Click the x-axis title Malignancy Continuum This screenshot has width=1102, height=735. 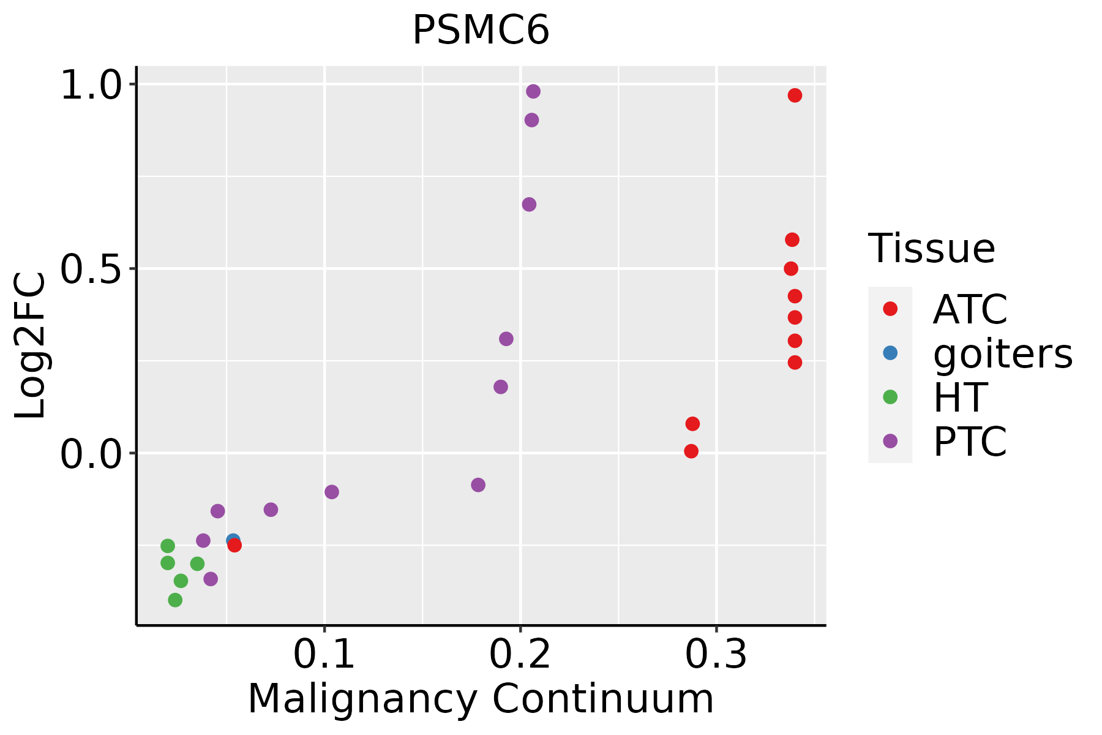(481, 699)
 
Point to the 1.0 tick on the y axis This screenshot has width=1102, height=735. (92, 84)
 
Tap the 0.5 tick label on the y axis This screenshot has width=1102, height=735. (92, 269)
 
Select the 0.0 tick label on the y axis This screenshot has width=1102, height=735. (92, 454)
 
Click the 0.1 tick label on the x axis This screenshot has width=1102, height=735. (324, 655)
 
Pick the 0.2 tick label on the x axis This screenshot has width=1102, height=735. (520, 655)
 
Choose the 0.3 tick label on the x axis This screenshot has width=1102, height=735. (716, 655)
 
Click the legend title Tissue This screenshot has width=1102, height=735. (931, 249)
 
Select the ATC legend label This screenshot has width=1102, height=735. (970, 309)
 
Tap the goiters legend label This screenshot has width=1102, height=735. (1003, 353)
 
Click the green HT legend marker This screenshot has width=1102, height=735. (890, 397)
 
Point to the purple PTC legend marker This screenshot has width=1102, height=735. (890, 441)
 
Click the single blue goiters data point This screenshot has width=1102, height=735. (232, 540)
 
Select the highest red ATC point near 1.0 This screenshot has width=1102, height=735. (795, 96)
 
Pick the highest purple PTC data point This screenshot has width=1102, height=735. (533, 92)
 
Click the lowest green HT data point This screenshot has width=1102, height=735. (175, 600)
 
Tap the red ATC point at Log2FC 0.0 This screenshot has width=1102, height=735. (691, 451)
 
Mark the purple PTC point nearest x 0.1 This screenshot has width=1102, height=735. (332, 492)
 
